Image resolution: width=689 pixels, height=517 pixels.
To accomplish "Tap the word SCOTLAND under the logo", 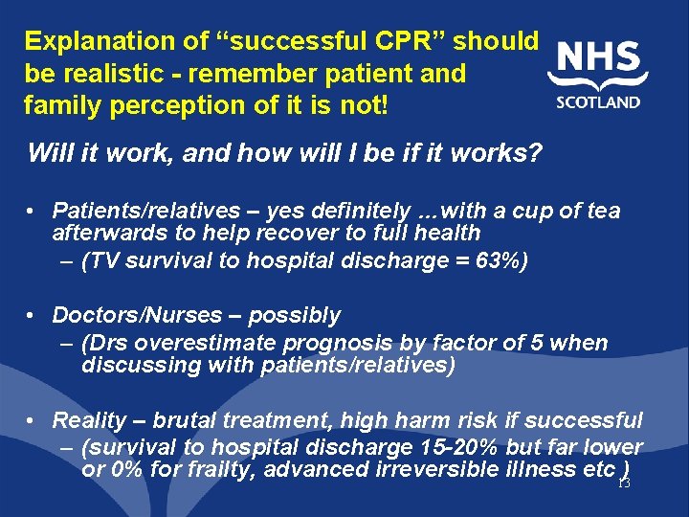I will (598, 102).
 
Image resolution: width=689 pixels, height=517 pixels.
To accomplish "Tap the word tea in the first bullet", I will (601, 211).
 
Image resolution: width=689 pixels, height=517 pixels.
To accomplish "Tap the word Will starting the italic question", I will (48, 152).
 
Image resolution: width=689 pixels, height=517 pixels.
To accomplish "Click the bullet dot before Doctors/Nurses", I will (33, 316).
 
